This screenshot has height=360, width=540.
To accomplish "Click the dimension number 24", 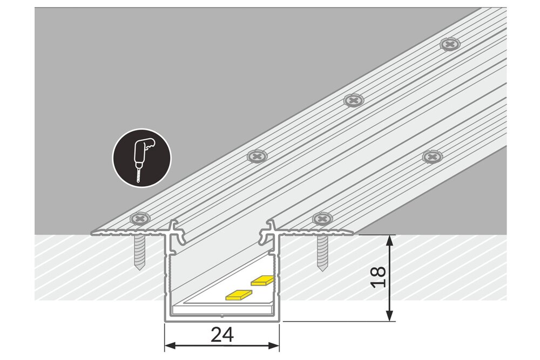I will pos(222,336).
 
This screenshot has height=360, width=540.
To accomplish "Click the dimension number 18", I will pos(380,277).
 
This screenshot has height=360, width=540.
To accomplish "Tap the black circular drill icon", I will pos(141,158).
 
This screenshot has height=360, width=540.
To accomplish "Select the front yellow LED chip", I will pos(238,294).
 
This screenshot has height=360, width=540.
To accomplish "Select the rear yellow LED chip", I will pos(263,280).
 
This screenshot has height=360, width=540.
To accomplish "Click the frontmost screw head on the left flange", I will pos(140,219).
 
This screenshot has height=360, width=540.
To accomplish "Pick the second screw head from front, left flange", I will pos(258,157).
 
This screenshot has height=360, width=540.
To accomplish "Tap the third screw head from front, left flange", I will pos(354,100).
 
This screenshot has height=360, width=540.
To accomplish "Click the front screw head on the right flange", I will pos(323,219).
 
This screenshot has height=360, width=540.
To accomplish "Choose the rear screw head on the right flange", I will pos(432,157).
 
